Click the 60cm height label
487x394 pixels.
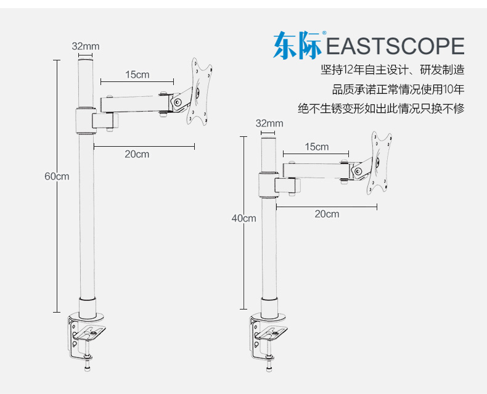point(57,176)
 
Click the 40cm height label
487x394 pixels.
point(243,218)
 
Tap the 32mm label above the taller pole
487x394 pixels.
point(85,46)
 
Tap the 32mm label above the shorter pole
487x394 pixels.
point(269,123)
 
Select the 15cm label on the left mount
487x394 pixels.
point(137,75)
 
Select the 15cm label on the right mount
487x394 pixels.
point(316,147)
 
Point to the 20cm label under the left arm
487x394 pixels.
point(137,154)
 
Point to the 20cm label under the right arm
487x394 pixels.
point(327,214)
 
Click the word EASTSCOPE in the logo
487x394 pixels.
point(395,47)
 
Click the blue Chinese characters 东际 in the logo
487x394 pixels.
point(298,46)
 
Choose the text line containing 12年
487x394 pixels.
point(392,70)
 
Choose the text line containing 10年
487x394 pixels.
point(398,89)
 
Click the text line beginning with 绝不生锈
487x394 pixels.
point(381,109)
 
